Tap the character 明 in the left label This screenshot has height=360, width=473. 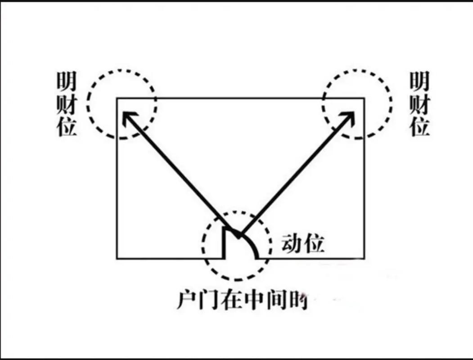(67, 82)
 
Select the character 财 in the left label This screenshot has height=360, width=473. (67, 104)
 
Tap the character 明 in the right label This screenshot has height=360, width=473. (419, 82)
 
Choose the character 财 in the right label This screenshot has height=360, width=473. (419, 104)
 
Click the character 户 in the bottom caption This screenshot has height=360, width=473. (186, 301)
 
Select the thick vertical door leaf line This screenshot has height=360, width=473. (224, 243)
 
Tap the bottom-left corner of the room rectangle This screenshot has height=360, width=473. (117, 258)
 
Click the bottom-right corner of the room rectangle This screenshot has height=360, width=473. (364, 258)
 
